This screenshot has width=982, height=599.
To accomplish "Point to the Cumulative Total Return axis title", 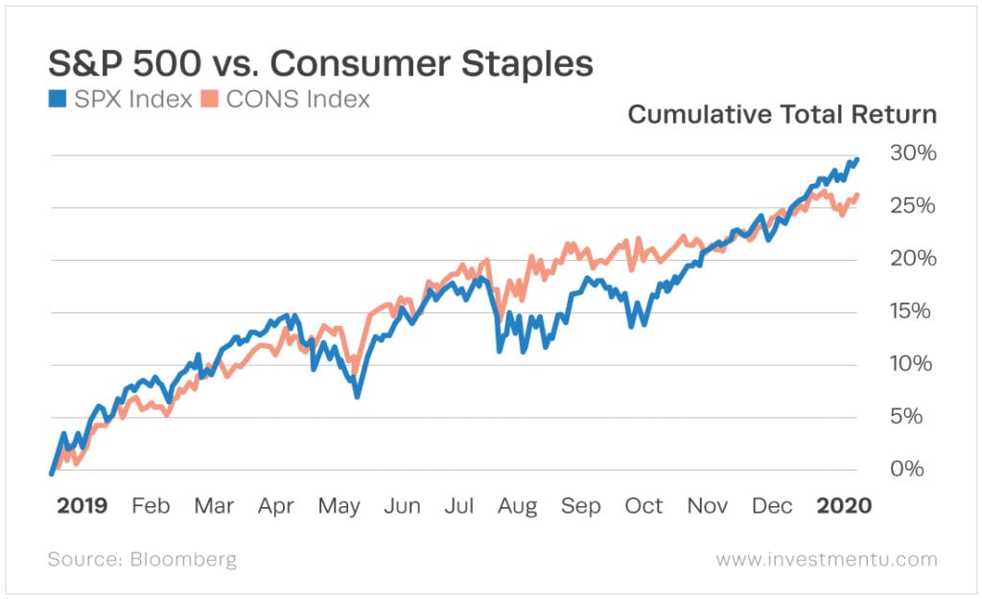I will coord(782,116).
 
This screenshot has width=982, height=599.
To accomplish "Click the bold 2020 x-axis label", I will coord(844,505).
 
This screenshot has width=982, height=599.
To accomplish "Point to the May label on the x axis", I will coord(339,505).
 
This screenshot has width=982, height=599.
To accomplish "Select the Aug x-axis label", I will coord(517,505).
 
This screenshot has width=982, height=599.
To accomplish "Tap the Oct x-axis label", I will coord(643,505).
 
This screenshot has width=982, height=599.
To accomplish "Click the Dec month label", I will coord(772,505).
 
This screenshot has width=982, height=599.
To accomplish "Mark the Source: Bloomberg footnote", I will coord(142,559).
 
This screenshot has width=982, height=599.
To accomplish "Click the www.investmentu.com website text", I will coord(827,559).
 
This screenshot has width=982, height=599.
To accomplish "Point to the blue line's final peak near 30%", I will coord(856,159).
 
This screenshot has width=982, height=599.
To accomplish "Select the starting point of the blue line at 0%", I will coord(51,472).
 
